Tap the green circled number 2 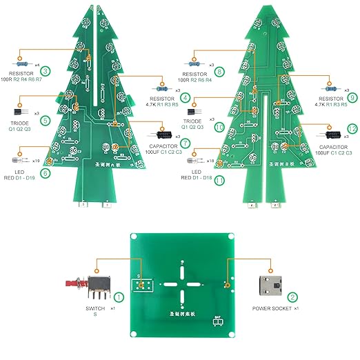(x=292, y=297)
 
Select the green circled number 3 (x=45, y=70)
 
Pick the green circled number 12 (x=352, y=129)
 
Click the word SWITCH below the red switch (x=94, y=308)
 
